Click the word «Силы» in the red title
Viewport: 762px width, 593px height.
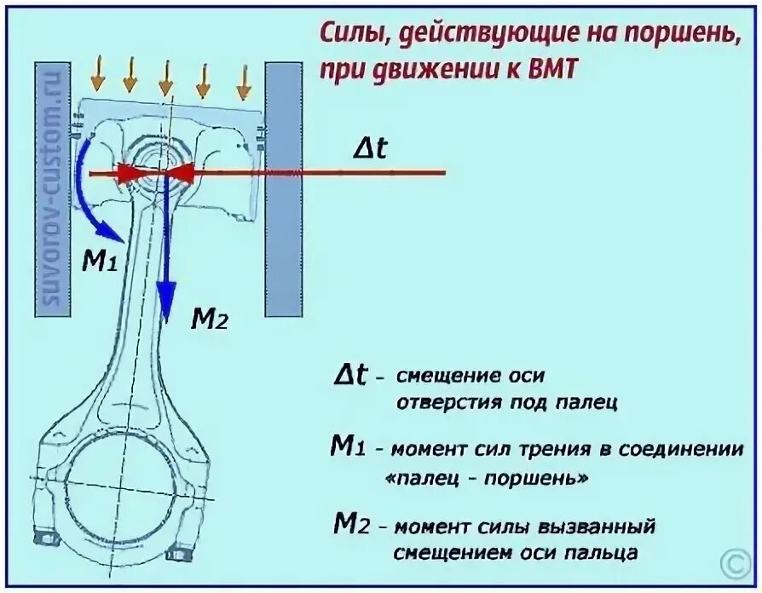(x=349, y=35)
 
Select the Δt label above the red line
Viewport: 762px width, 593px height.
(x=371, y=149)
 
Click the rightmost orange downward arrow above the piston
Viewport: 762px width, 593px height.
(x=244, y=81)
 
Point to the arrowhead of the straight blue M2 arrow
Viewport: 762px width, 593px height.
(x=168, y=291)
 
